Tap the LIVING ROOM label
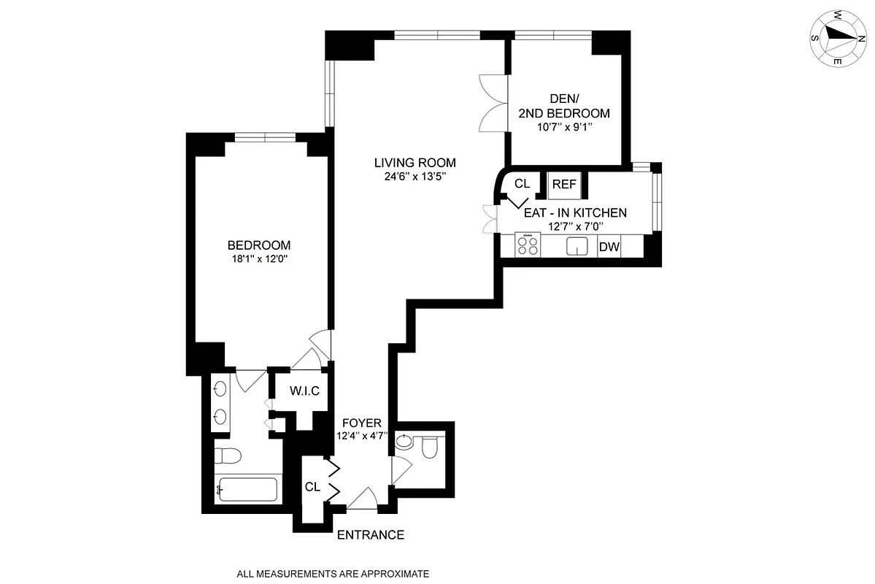click(x=415, y=163)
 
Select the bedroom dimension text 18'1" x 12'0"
click(x=259, y=258)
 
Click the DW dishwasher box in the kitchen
click(x=609, y=247)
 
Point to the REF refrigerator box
click(x=564, y=185)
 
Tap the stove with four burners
click(x=528, y=245)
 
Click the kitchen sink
click(x=577, y=247)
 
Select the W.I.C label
click(x=304, y=391)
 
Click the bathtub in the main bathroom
click(x=248, y=489)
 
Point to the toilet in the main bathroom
click(x=229, y=456)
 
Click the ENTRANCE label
click(x=371, y=535)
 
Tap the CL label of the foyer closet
click(x=312, y=487)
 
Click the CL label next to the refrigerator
click(x=522, y=184)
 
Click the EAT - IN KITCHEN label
click(x=575, y=213)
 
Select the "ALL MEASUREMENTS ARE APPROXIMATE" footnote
click(x=332, y=574)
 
